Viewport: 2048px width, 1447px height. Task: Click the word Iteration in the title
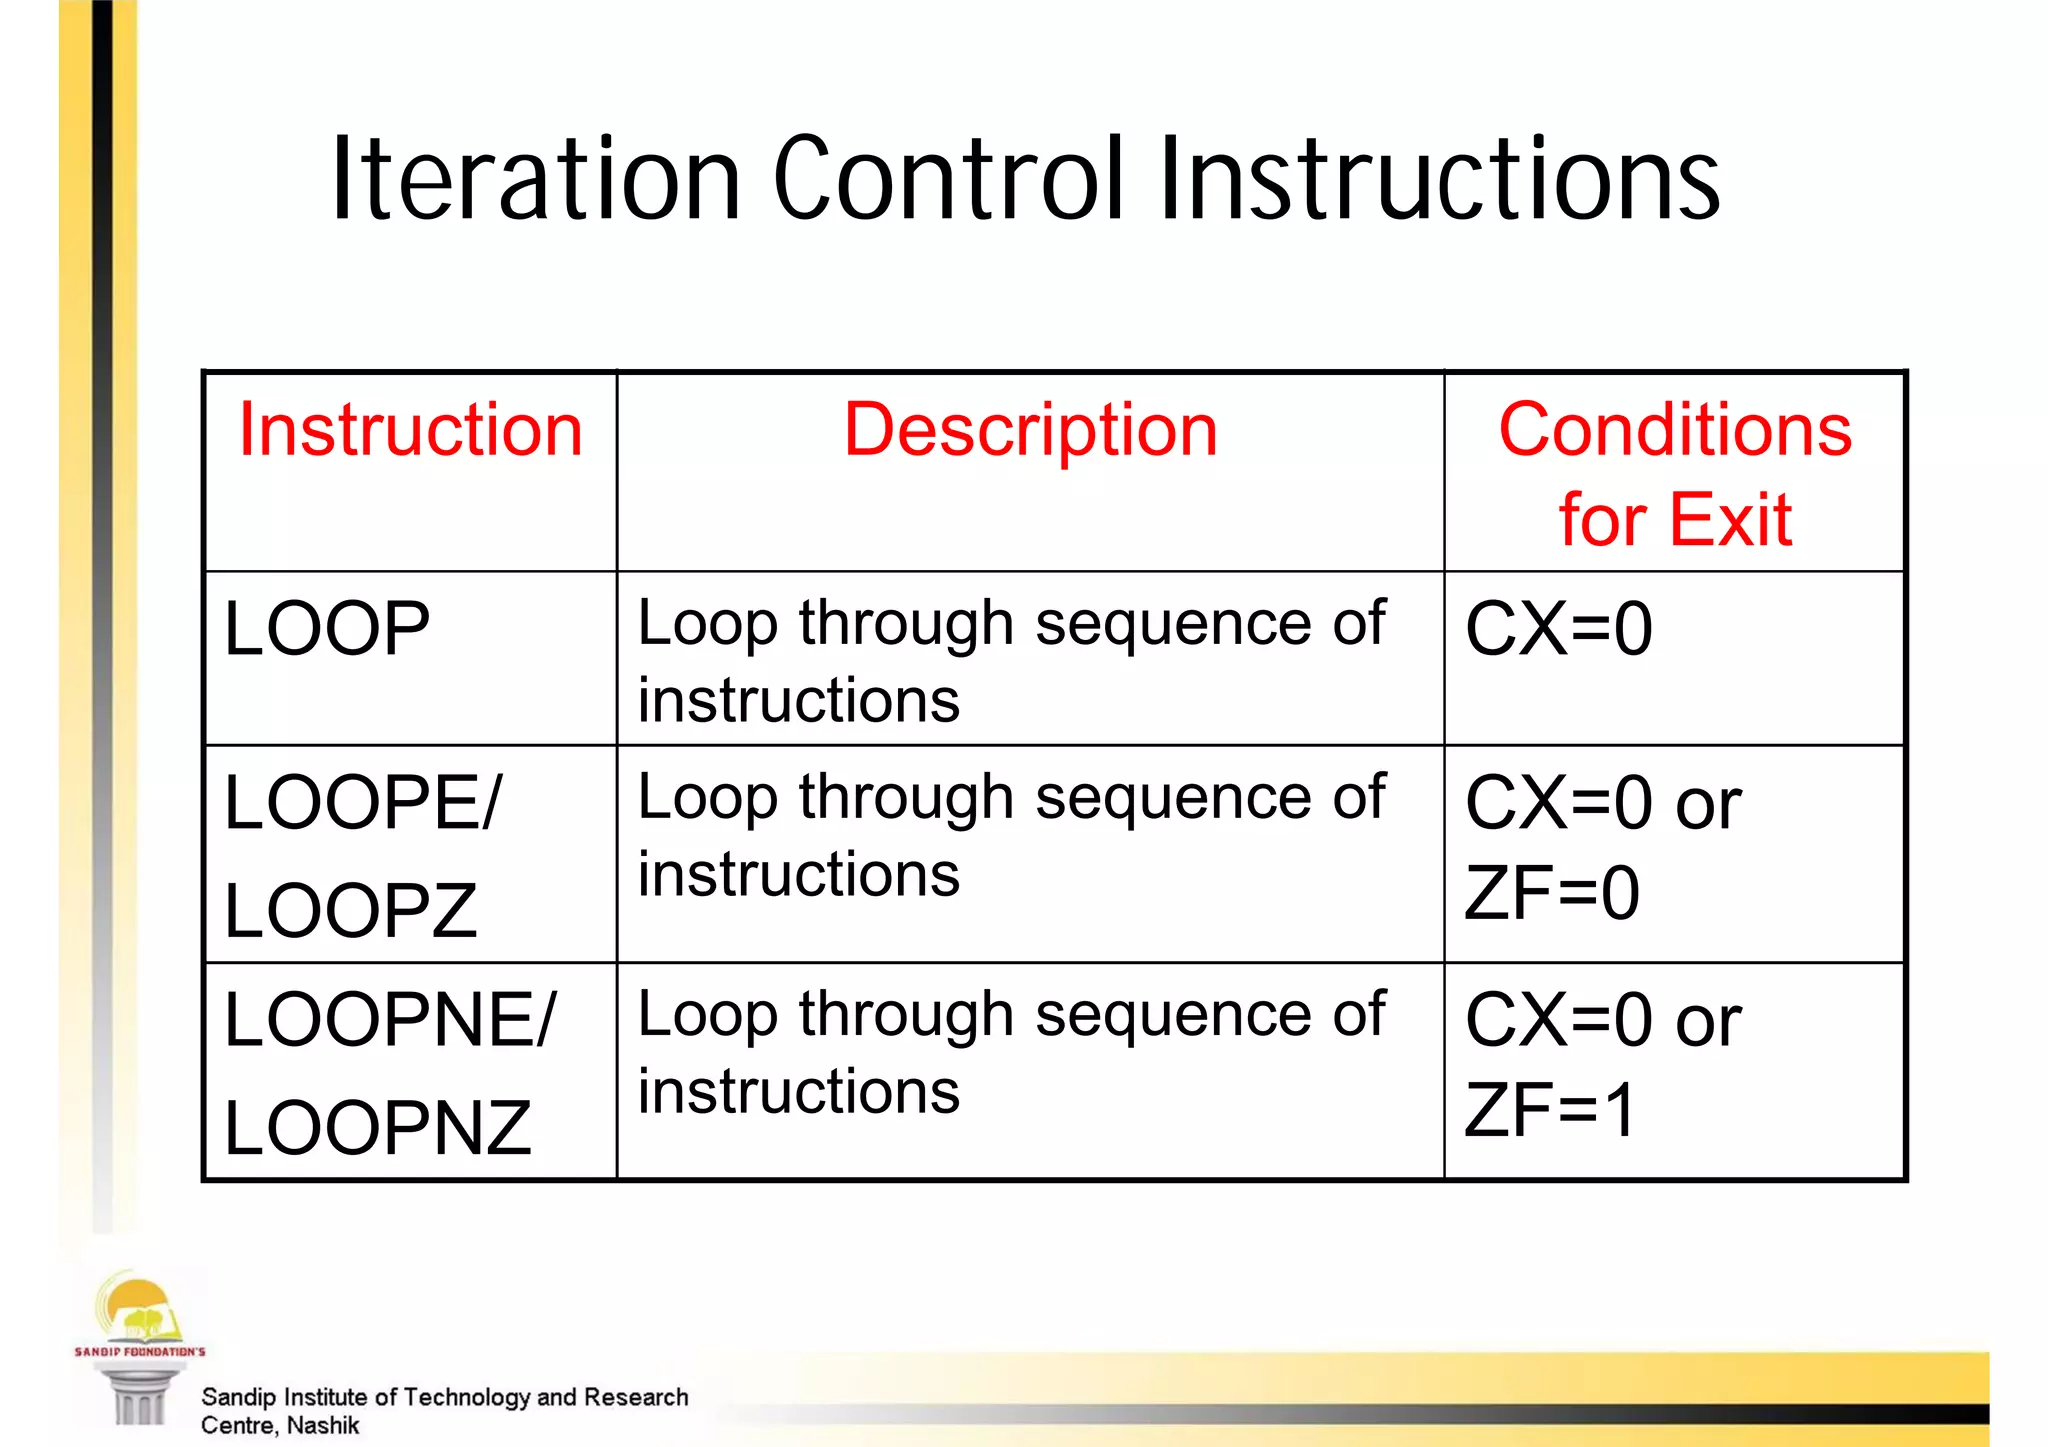tap(536, 180)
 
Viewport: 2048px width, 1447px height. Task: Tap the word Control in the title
tap(949, 180)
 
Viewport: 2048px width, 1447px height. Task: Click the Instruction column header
tap(410, 430)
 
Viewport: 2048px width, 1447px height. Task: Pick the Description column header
tap(1030, 430)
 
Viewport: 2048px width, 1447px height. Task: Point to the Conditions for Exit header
tap(1675, 474)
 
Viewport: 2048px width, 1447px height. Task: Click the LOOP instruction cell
tap(327, 629)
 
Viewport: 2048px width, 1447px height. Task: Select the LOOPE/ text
tap(362, 802)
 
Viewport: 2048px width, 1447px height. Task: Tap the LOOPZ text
tap(350, 911)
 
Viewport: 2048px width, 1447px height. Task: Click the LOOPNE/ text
tap(389, 1020)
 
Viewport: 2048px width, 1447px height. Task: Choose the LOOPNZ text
tap(377, 1128)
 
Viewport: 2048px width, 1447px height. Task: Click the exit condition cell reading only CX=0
tap(1559, 629)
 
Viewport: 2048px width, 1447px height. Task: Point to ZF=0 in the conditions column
tap(1551, 893)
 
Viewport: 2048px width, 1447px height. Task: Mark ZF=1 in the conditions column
tap(1549, 1110)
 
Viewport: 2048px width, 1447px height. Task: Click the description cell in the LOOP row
tap(1011, 661)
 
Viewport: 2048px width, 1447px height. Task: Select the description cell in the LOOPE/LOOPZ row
tap(1011, 835)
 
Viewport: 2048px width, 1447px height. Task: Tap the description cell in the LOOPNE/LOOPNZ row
tap(1011, 1052)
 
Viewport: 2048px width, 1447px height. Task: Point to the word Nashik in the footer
tap(322, 1425)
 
